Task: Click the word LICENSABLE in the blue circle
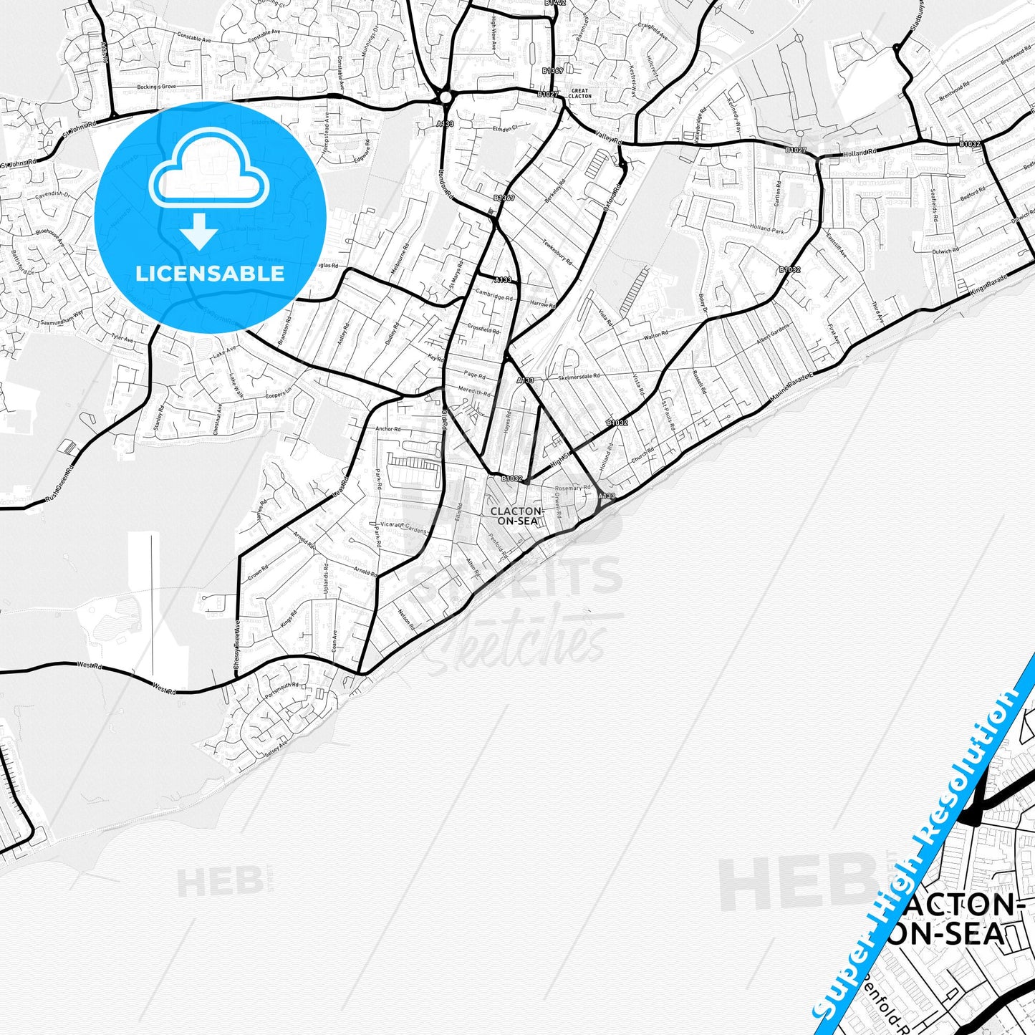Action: click(210, 274)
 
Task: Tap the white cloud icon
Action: click(209, 176)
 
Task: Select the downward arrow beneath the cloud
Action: click(200, 231)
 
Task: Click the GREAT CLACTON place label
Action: click(579, 93)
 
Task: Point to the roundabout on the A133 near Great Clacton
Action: click(446, 97)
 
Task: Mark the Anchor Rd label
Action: click(387, 429)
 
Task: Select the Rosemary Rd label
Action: click(573, 488)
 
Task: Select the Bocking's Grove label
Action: click(156, 87)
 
